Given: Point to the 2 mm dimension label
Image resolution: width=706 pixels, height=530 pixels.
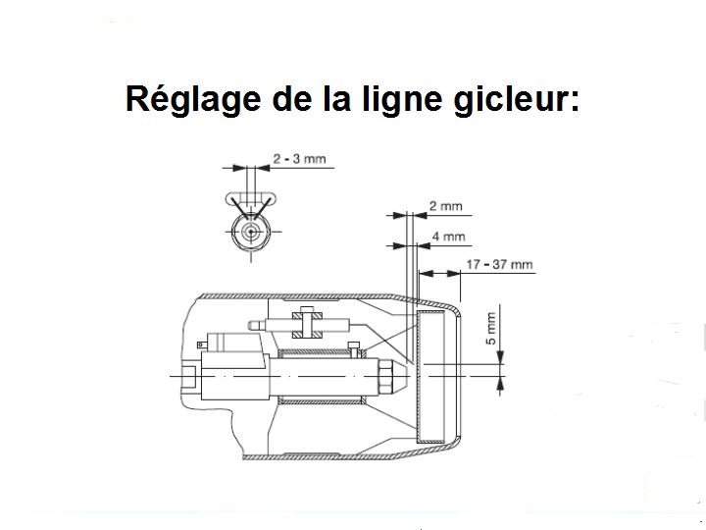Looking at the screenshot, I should tap(447, 207).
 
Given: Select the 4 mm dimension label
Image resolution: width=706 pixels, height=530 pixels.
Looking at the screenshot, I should tap(447, 237).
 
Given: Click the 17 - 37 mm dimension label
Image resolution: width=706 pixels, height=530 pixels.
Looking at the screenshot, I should tap(500, 263).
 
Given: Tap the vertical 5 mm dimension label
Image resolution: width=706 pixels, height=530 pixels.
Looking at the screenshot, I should tap(491, 327).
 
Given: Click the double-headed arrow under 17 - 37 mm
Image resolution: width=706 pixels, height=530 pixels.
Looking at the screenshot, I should tap(438, 272).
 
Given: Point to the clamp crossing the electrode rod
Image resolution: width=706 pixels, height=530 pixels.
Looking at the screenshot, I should tap(306, 323).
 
